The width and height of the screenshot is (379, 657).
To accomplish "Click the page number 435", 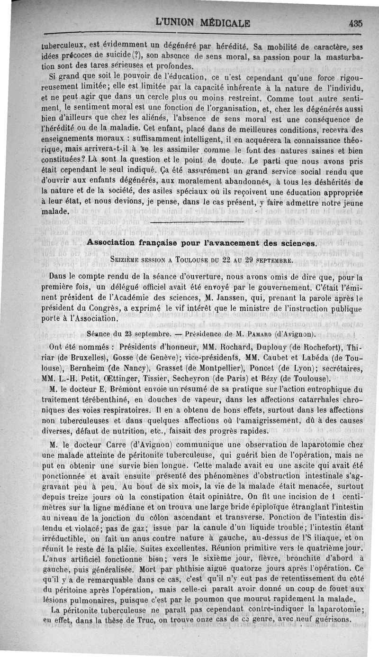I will coord(355,23).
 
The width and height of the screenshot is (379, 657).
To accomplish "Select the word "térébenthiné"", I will coord(101,400).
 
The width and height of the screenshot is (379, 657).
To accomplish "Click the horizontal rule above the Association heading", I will coord(197,222).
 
